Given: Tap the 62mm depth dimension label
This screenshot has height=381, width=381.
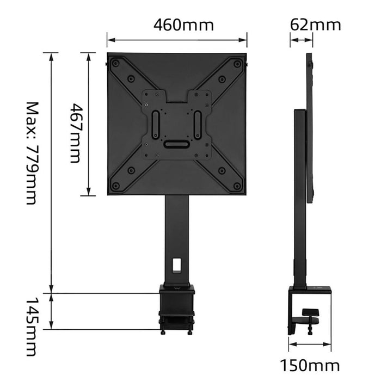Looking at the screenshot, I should point(315,25).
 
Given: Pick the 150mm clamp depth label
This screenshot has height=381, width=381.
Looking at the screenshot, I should point(310,365).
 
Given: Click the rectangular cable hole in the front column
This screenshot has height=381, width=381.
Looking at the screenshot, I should point(176,264).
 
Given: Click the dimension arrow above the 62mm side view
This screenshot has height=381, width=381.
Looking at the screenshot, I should point(302,39).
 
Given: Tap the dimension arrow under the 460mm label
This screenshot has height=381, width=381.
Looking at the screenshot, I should point(177,39).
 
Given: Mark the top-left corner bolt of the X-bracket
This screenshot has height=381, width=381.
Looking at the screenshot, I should point(115,64).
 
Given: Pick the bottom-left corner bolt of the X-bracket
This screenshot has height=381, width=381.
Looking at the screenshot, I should point(115,186).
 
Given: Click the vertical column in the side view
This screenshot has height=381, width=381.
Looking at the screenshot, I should point(299,196).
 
